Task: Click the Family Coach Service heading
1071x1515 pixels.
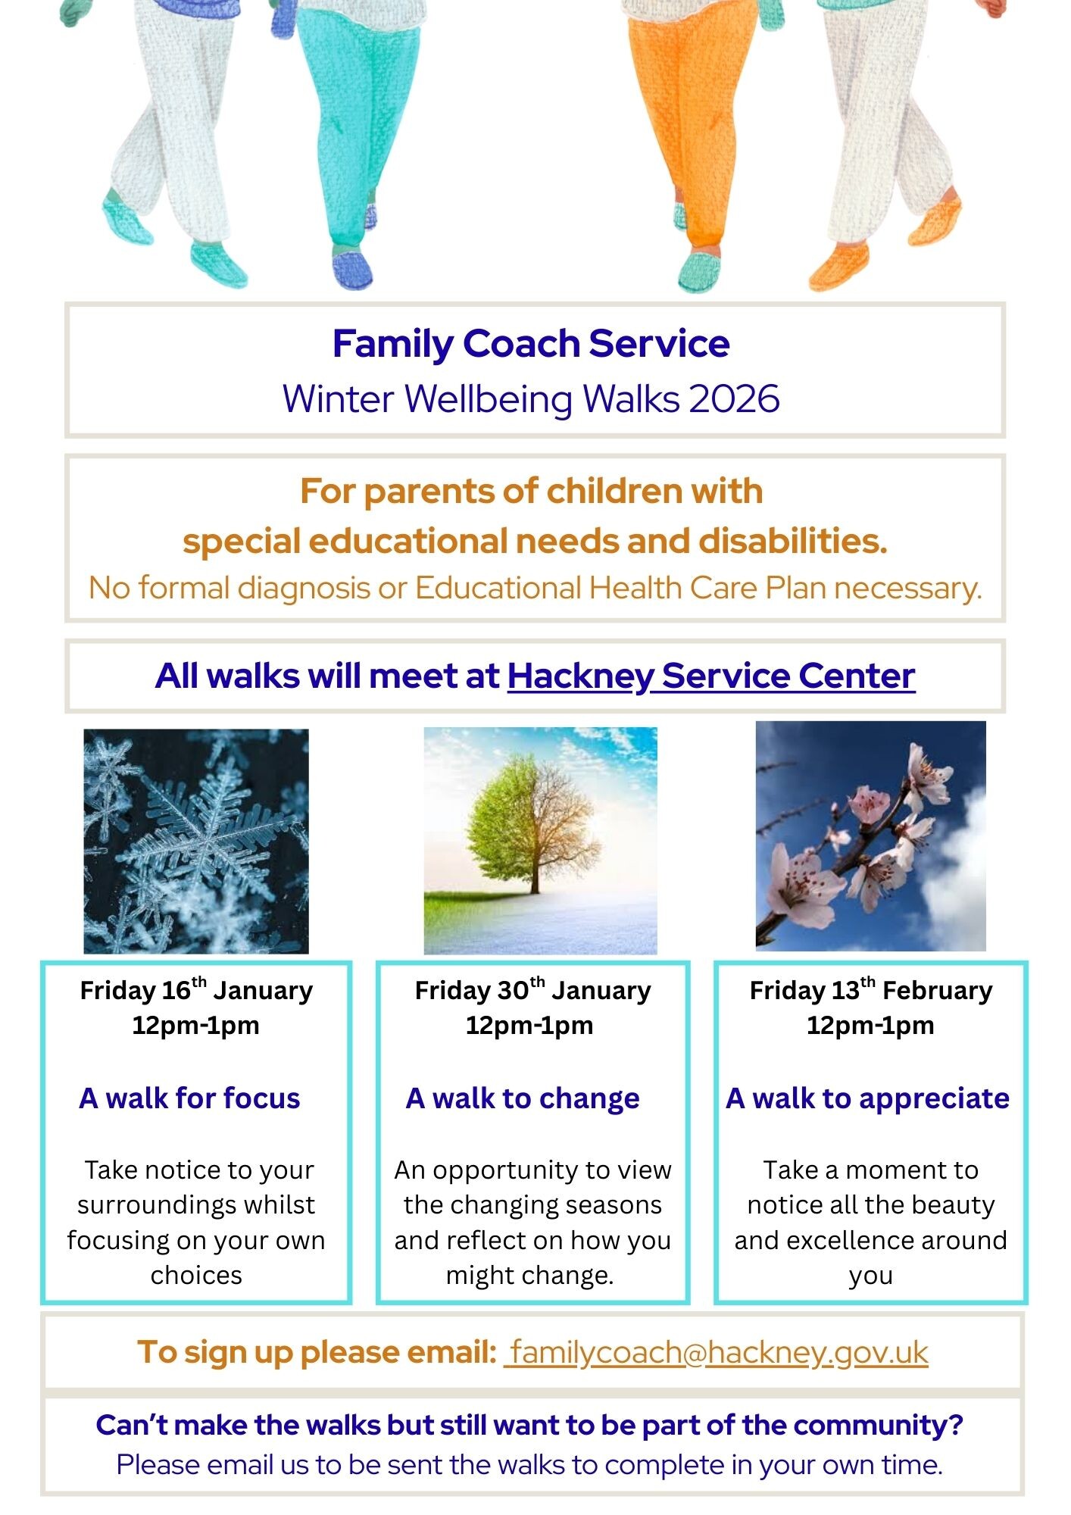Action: [x=531, y=344]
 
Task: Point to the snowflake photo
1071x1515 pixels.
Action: [x=196, y=841]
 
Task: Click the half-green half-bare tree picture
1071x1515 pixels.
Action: [x=540, y=841]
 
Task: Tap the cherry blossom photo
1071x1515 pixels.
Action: [x=871, y=836]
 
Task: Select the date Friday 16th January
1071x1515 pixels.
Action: [x=196, y=990]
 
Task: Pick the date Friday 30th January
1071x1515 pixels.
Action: [x=532, y=990]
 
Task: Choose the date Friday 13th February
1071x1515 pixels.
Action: [x=871, y=990]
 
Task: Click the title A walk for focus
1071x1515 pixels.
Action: [x=189, y=1098]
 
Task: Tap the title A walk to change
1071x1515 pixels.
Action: [x=523, y=1098]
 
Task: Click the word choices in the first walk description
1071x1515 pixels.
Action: [x=196, y=1276]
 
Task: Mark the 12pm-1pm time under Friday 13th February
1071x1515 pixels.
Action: [x=870, y=1026]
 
